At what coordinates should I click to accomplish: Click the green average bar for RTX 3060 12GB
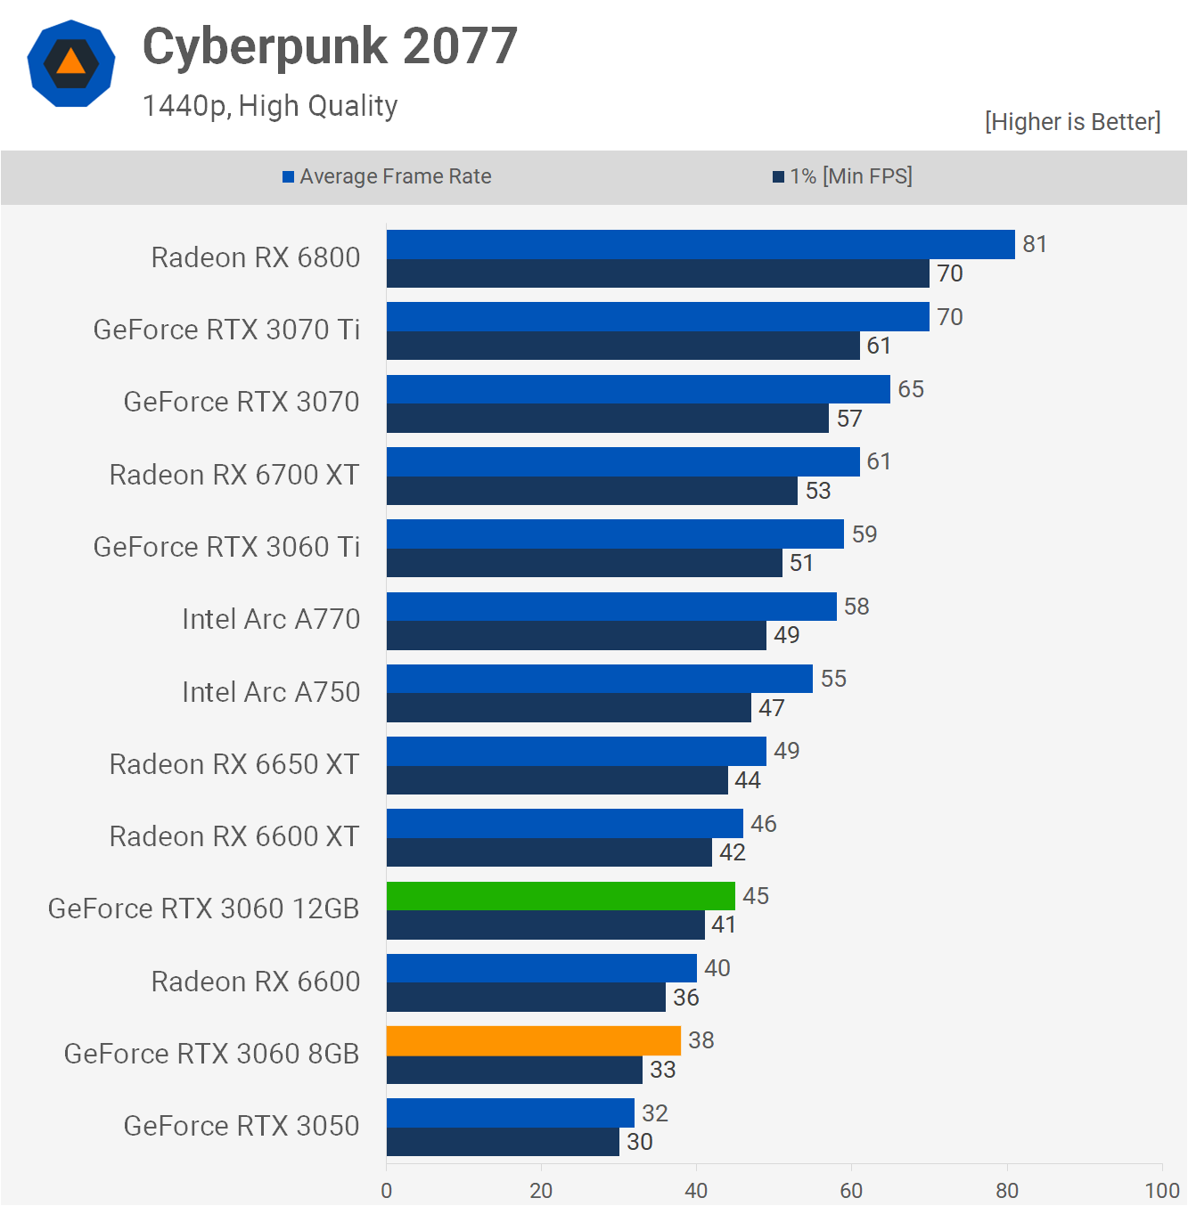(x=561, y=896)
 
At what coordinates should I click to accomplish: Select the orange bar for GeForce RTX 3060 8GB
(x=533, y=1040)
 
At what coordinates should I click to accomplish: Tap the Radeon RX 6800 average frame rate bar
(x=701, y=245)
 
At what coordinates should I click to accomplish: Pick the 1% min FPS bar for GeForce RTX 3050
(x=503, y=1142)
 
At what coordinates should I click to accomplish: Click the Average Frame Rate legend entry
(x=388, y=176)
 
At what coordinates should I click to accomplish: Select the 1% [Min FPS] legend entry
(x=842, y=176)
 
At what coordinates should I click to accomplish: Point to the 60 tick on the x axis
(x=851, y=1190)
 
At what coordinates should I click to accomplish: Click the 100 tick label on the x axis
(x=1161, y=1190)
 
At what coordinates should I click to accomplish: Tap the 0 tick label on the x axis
(x=386, y=1190)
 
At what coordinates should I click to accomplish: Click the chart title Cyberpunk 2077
(x=330, y=46)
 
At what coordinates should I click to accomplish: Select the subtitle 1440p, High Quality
(x=270, y=106)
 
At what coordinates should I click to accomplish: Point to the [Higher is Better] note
(x=1072, y=122)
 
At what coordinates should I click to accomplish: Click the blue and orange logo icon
(x=71, y=63)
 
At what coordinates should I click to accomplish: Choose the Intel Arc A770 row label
(x=271, y=619)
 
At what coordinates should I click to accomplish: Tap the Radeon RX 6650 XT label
(x=234, y=764)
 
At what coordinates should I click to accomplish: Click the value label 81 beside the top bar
(x=1034, y=244)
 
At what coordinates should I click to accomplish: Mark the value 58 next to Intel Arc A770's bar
(x=856, y=607)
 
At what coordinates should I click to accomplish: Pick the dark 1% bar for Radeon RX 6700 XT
(x=592, y=491)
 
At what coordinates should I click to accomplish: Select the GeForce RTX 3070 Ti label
(x=226, y=330)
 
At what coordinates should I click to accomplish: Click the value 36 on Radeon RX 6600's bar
(x=685, y=998)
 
